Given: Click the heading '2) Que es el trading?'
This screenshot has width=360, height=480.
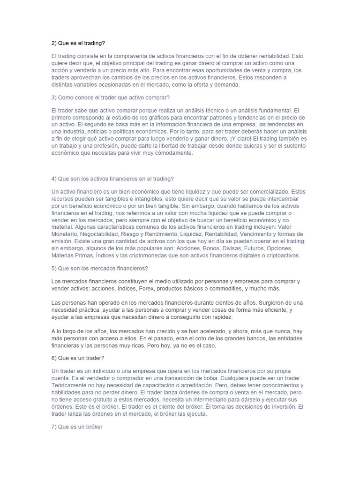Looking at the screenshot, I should pos(78,43).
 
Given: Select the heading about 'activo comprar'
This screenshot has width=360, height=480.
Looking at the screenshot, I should pos(110,97).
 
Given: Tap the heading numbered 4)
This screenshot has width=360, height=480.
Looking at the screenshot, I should pos(112,179).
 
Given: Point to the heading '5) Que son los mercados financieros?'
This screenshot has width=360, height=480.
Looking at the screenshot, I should pos(99,268).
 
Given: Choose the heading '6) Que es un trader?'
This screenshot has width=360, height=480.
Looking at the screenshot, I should pos(77,358).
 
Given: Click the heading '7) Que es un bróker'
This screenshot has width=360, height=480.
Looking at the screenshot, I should pos(76,427).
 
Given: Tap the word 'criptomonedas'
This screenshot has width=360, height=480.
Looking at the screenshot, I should pos(154,255).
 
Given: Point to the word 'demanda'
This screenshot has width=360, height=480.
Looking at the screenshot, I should pos(226,85).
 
